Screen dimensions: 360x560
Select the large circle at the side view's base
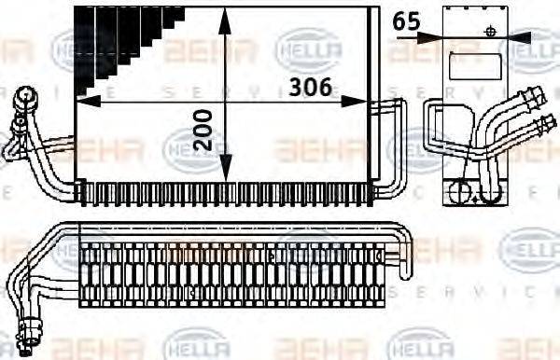click(x=462, y=193)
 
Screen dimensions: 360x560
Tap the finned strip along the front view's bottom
click(x=224, y=193)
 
